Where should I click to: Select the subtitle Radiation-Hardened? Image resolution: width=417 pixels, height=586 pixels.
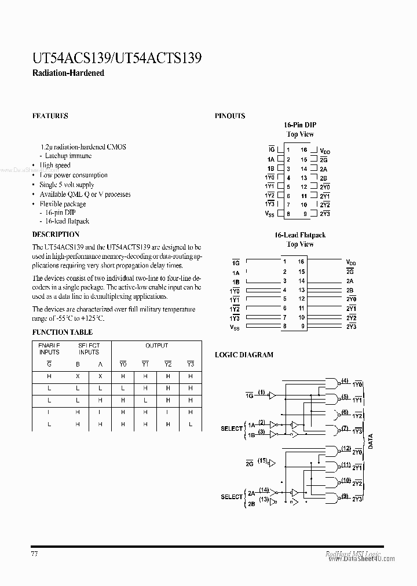pos(68,74)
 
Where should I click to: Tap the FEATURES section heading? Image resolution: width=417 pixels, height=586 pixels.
pos(50,116)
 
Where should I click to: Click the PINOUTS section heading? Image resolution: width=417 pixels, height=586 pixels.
pos(230,116)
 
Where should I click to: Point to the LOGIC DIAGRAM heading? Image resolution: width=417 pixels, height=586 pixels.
pos(244,354)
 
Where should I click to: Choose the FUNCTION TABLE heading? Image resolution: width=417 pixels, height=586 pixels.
pos(62,332)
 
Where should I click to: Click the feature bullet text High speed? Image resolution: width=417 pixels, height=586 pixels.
pos(55,166)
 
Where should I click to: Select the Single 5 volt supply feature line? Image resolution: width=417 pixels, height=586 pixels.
pos(67,185)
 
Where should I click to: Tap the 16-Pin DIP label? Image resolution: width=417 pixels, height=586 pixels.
pos(300,125)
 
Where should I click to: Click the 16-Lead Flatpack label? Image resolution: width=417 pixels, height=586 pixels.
pos(300,235)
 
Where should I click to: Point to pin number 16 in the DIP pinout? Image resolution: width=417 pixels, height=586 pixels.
pos(303,149)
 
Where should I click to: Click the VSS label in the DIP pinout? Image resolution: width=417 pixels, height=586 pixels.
pos(269,214)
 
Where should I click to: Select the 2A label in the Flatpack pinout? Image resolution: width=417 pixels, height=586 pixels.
pos(350,281)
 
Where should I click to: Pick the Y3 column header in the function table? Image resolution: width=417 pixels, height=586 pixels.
pos(190,364)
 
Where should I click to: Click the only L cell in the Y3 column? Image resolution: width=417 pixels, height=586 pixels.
pos(190,424)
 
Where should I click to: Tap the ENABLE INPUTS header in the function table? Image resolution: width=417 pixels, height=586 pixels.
pos(49,349)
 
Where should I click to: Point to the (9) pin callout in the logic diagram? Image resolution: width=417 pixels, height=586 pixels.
pos(345,496)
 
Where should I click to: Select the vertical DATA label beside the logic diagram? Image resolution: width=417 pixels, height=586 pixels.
pos(370,442)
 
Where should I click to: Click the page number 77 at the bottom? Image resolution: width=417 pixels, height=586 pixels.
pos(35,554)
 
